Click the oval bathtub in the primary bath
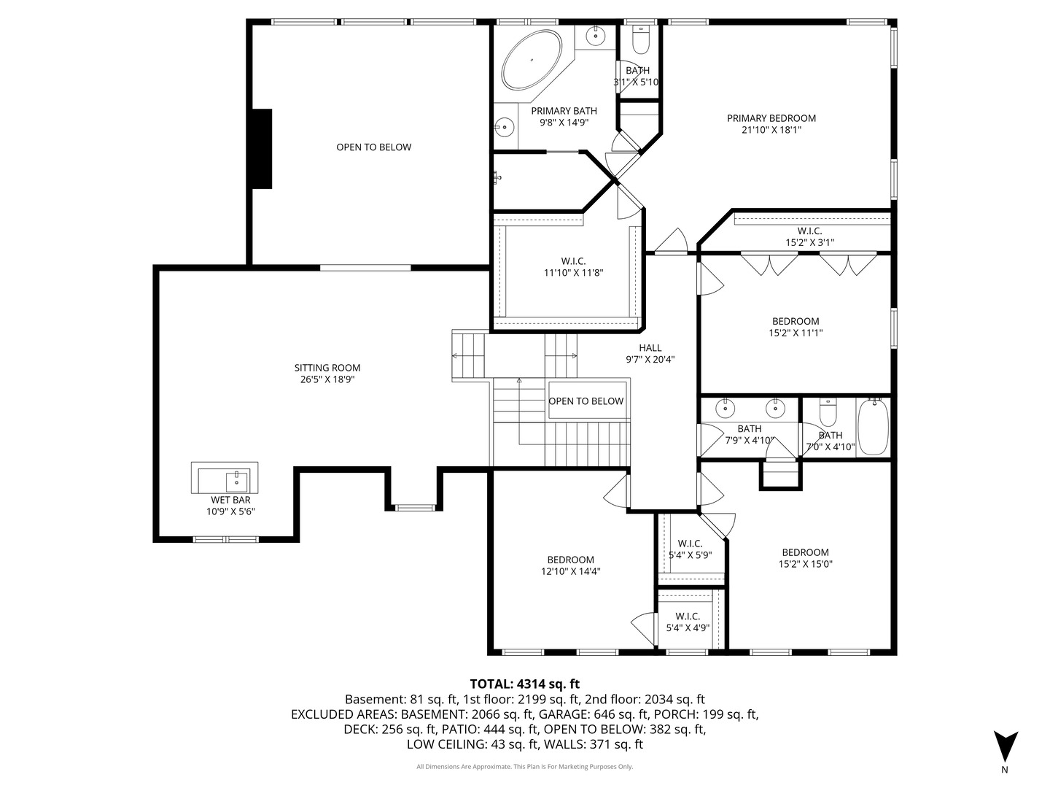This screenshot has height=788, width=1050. [532, 59]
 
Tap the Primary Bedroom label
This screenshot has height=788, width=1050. [771, 124]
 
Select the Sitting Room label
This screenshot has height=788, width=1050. [327, 374]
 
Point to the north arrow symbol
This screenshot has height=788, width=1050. [1006, 746]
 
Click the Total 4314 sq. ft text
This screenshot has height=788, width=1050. [524, 684]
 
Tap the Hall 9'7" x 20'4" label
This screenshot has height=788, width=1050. [650, 354]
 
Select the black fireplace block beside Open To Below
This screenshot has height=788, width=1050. [262, 149]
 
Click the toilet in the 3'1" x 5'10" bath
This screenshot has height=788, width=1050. [640, 41]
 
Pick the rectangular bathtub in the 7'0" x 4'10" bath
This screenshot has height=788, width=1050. [873, 427]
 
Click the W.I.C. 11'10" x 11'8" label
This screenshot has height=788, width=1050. [573, 267]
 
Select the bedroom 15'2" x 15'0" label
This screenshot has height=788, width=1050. [805, 558]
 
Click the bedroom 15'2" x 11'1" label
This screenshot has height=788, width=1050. [796, 327]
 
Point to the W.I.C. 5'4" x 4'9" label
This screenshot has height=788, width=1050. [688, 622]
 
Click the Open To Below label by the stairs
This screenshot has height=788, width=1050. [586, 401]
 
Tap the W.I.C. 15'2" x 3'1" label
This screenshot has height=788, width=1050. [809, 236]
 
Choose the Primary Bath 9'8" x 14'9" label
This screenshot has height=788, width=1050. [564, 117]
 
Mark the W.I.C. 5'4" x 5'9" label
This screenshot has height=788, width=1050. [690, 549]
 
